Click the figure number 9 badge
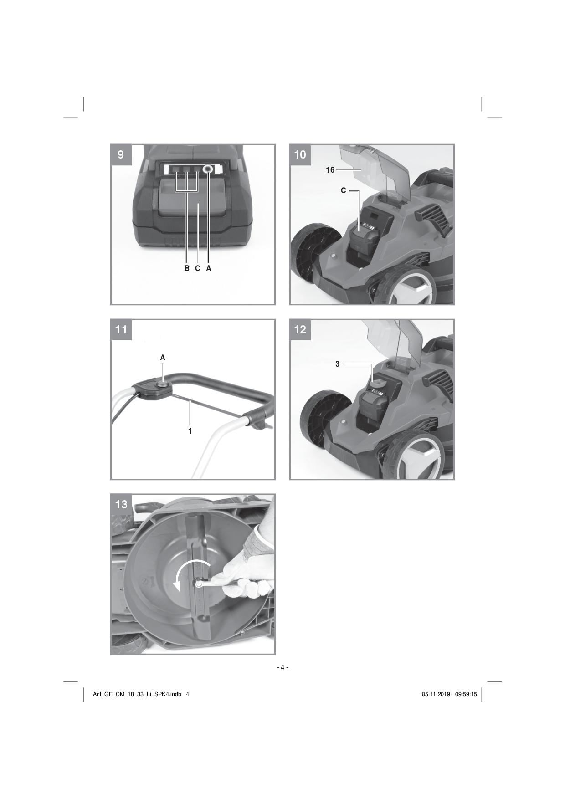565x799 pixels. coord(121,155)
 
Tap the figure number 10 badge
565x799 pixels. coord(300,155)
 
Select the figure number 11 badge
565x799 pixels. coord(121,329)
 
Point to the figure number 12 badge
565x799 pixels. coord(300,329)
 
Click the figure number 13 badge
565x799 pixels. coord(121,504)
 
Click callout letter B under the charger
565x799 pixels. coord(187,268)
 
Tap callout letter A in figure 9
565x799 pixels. coord(209,268)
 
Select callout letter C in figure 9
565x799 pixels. coord(198,268)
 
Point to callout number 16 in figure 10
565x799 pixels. coord(330,170)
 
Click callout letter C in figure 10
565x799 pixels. coord(344,191)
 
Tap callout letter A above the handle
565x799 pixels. coord(163,358)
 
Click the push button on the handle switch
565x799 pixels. coord(162,384)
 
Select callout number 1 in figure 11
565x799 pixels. coord(190,430)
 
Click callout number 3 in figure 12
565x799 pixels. coord(338,364)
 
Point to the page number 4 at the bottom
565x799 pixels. coord(282,667)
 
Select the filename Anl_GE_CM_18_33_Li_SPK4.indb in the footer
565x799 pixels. coord(137,694)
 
